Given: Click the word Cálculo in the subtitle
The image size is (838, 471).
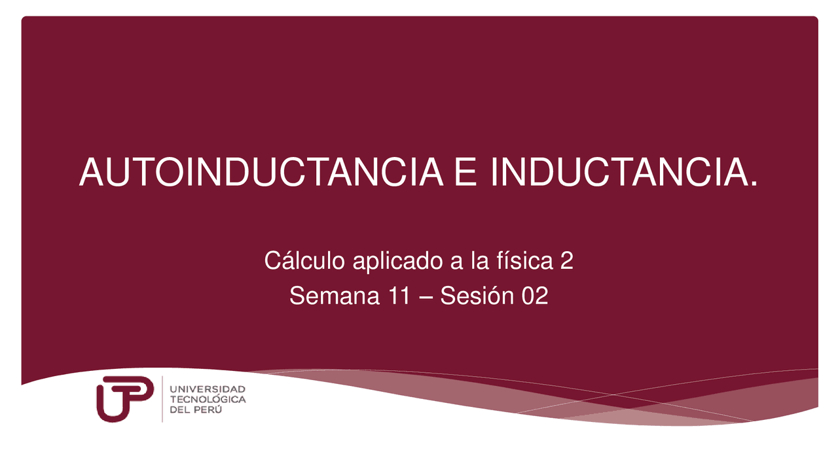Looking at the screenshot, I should pyautogui.click(x=305, y=261).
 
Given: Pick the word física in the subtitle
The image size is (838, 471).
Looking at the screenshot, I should pyautogui.click(x=520, y=261).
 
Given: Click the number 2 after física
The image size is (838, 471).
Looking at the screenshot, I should pyautogui.click(x=567, y=262).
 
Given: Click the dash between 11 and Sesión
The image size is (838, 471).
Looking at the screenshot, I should pyautogui.click(x=426, y=298).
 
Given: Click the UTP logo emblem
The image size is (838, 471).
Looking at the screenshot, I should pyautogui.click(x=125, y=398).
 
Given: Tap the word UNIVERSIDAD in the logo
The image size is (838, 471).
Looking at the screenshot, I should pyautogui.click(x=208, y=389).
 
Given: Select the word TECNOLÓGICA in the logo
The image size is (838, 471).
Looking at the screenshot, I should pyautogui.click(x=208, y=399).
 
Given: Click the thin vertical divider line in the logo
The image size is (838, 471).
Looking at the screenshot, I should pyautogui.click(x=162, y=398).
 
